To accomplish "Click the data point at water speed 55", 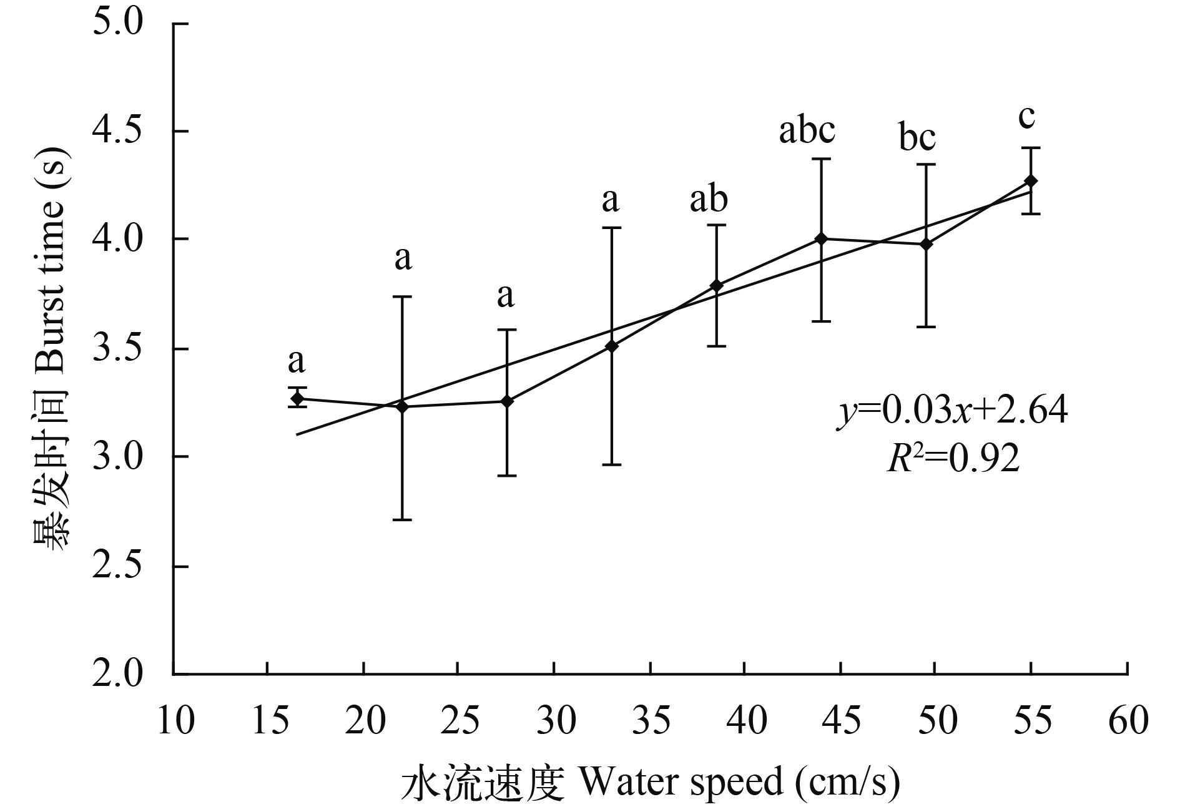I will (1031, 181).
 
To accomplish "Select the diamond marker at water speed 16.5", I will (297, 398).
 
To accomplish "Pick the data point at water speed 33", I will (612, 345).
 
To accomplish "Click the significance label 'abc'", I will (807, 131).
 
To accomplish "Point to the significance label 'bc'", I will (917, 137).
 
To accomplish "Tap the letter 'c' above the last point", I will (1026, 117).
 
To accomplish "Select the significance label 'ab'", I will (709, 200).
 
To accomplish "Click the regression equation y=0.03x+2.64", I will (952, 412).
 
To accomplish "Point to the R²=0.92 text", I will (953, 459).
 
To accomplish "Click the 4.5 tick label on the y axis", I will (118, 132).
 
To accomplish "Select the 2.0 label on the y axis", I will (118, 675).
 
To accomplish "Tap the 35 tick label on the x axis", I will (651, 721).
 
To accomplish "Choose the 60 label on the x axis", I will (1128, 721).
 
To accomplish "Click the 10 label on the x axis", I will (174, 721).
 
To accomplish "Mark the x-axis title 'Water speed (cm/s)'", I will (649, 782).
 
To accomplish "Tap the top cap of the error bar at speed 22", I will (402, 297).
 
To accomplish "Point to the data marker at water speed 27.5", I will (507, 401).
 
